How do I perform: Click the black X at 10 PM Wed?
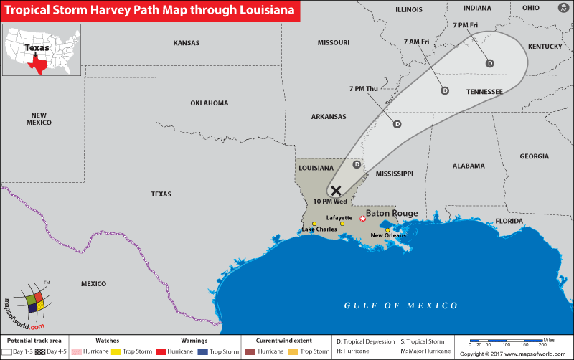(x=336, y=190)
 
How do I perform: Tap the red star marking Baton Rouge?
(x=362, y=218)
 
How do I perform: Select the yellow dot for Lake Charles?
(x=314, y=224)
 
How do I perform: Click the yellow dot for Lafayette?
(x=342, y=224)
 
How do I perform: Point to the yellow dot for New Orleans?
(x=387, y=230)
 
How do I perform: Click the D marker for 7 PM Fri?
(x=490, y=63)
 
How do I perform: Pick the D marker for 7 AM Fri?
(x=444, y=90)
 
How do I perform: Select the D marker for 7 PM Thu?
(x=397, y=123)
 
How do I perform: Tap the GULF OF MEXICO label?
(x=400, y=305)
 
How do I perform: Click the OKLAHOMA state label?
(x=209, y=103)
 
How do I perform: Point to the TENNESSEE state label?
(x=484, y=92)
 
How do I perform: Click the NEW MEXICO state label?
(x=39, y=118)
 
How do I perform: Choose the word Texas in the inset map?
(x=37, y=48)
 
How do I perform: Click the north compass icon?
(x=561, y=7)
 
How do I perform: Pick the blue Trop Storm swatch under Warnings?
(x=204, y=351)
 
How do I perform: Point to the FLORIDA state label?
(x=509, y=221)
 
